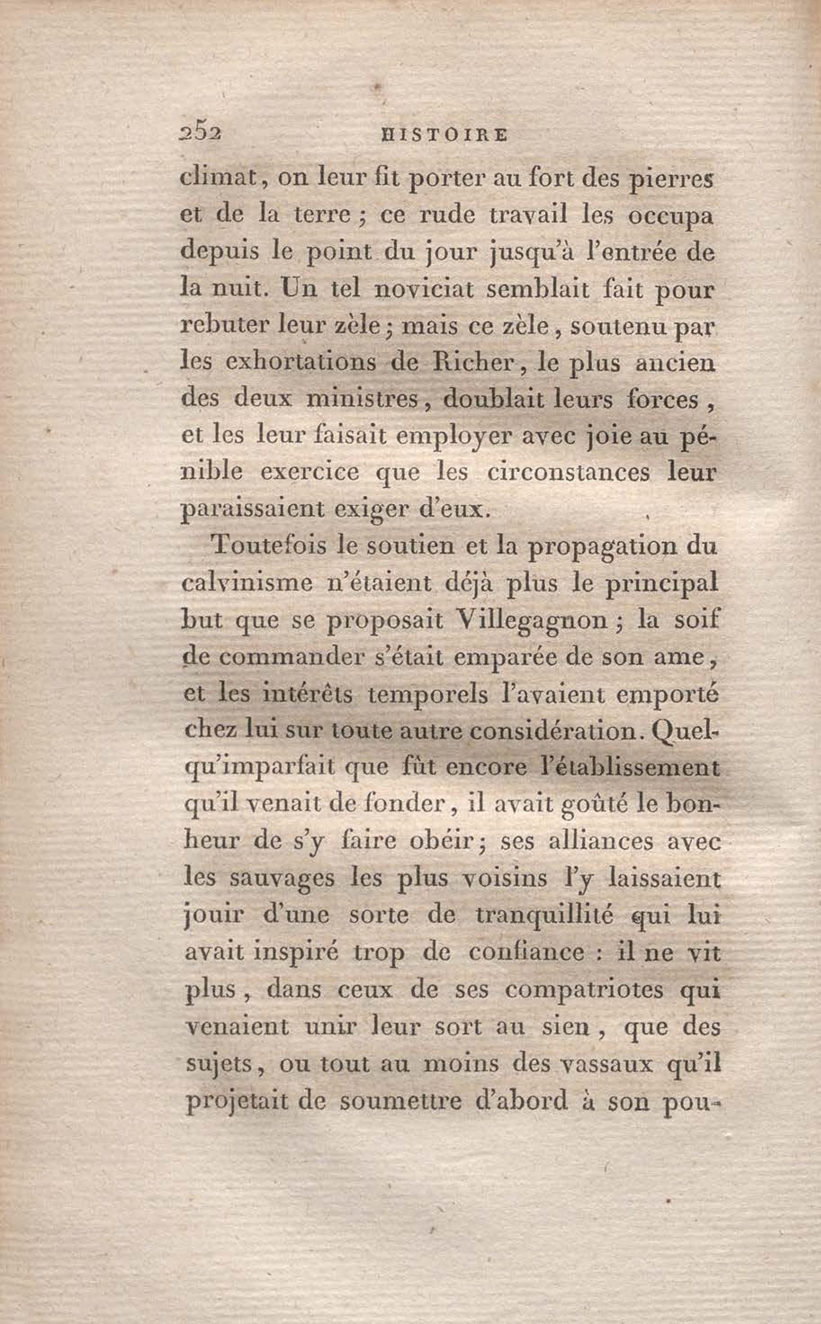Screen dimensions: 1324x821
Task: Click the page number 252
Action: pyautogui.click(x=199, y=134)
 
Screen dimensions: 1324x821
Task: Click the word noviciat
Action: pyautogui.click(x=423, y=289)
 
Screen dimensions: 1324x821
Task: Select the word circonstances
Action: pyautogui.click(x=568, y=473)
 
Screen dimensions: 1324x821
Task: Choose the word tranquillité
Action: pyautogui.click(x=545, y=915)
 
